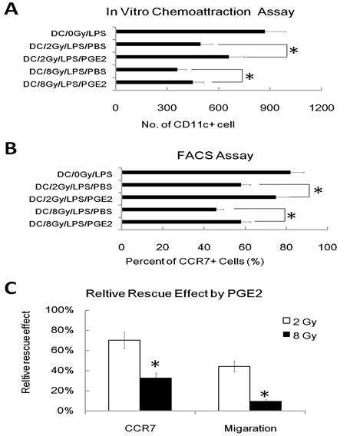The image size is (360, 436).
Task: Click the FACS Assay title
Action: pyautogui.click(x=210, y=156)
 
